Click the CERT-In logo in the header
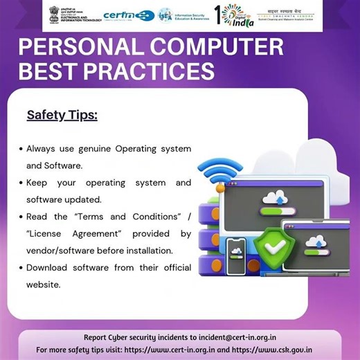[128, 15]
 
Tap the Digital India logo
[233, 15]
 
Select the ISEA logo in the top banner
[181, 15]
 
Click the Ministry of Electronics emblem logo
[73, 15]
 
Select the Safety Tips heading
[62, 115]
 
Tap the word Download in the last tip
[49, 267]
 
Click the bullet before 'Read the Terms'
[20, 217]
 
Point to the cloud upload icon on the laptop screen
[316, 241]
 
